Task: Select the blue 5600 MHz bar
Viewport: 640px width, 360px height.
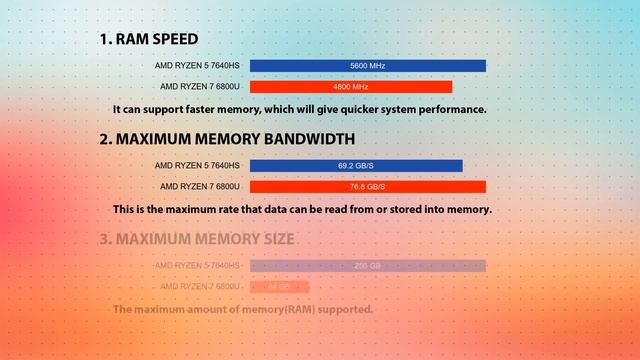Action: click(367, 66)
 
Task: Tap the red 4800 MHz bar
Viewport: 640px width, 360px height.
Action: click(351, 87)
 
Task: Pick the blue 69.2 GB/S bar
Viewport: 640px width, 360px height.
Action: click(356, 165)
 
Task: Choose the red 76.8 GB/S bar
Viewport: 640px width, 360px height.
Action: click(367, 187)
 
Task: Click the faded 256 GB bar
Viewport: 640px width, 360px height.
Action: click(367, 266)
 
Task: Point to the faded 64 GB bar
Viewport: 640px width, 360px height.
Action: click(279, 288)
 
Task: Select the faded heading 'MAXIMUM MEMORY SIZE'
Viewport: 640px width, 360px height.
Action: click(205, 239)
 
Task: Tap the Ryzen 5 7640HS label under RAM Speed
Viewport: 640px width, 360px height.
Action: click(197, 66)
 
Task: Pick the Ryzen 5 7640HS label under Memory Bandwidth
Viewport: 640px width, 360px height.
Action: click(197, 165)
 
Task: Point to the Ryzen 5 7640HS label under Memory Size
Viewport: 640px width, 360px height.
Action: click(197, 266)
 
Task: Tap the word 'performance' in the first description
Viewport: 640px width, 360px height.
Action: click(446, 109)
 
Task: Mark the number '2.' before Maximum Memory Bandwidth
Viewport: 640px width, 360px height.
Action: click(105, 139)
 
